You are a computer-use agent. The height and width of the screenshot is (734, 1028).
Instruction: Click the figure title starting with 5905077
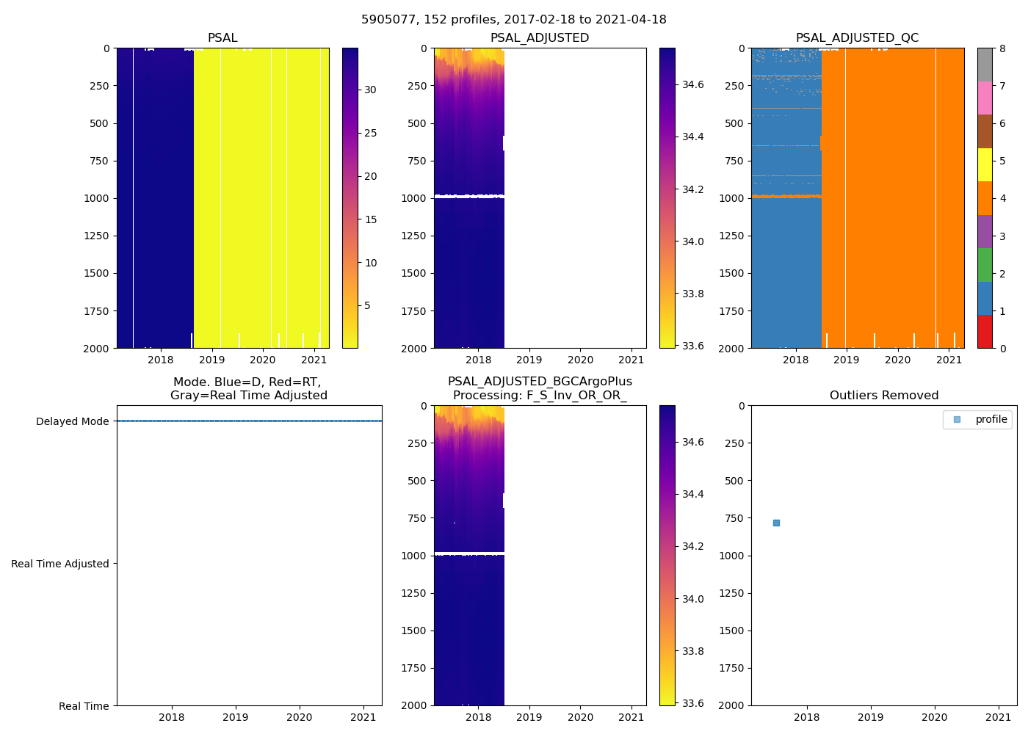(513, 20)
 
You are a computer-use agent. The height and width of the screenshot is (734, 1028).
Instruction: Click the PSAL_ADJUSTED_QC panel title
(857, 38)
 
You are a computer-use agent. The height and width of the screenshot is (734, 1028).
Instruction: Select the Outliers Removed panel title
(883, 396)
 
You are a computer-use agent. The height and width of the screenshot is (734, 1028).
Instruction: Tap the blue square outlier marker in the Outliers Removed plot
(776, 523)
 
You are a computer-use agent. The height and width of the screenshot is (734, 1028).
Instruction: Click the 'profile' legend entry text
(991, 419)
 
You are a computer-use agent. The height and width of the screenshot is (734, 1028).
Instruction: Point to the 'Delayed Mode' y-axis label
(72, 421)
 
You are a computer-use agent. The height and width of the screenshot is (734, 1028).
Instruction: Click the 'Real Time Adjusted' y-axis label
(60, 564)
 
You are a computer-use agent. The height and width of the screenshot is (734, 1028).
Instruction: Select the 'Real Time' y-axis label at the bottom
(84, 706)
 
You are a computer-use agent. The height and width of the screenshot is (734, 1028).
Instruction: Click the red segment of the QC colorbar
(985, 331)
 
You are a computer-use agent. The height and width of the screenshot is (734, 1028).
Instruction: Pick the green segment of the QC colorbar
(985, 264)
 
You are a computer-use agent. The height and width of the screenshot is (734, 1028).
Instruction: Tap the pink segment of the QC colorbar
(985, 98)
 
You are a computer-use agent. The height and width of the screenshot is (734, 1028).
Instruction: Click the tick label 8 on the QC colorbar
(1002, 48)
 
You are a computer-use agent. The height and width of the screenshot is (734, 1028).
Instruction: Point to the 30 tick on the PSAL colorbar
(370, 90)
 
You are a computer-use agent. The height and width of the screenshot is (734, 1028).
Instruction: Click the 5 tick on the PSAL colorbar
(367, 306)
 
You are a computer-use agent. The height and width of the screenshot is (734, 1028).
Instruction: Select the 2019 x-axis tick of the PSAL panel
(211, 360)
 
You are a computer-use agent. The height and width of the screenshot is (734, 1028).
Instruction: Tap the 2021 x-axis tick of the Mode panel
(363, 717)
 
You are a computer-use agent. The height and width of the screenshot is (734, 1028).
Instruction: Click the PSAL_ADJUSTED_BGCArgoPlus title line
(540, 382)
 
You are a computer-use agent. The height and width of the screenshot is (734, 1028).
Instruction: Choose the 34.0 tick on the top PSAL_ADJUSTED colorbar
(693, 241)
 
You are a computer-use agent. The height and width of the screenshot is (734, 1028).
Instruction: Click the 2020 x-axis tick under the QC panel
(897, 360)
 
